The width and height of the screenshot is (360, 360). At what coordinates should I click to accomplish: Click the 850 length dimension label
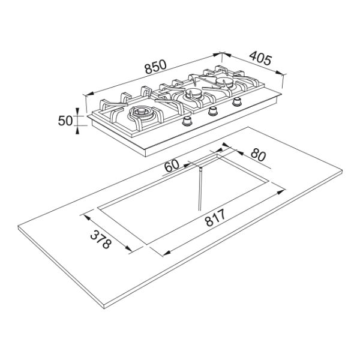(155, 67)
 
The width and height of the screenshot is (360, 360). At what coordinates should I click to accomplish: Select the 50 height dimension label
(65, 121)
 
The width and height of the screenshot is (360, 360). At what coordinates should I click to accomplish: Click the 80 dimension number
(258, 155)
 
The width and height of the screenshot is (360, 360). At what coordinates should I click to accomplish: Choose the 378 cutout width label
(101, 239)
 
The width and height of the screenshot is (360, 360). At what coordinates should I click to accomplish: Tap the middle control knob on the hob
(214, 111)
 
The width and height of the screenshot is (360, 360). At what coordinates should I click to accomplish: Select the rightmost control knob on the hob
(237, 101)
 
